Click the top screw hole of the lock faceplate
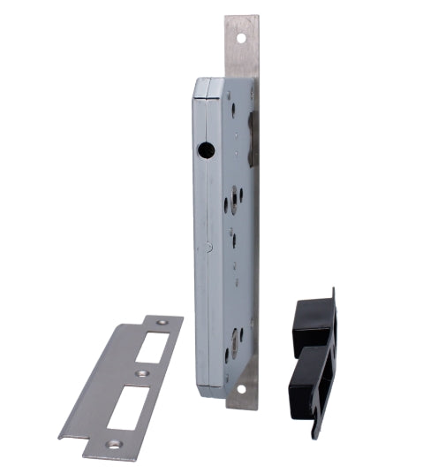coord(246,40)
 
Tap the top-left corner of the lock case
coord(196,82)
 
